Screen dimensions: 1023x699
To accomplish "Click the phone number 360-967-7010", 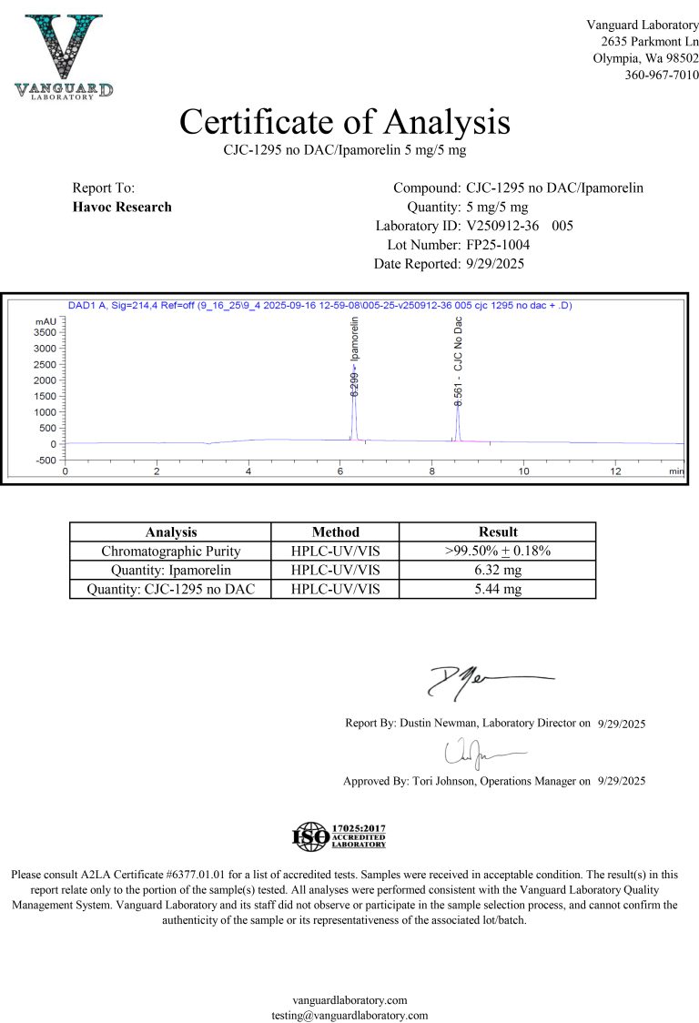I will click(662, 75).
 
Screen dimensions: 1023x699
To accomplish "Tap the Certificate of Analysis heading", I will click(345, 121).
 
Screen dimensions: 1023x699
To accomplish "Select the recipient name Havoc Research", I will click(122, 207).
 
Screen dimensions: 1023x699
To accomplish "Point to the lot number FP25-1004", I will click(498, 245).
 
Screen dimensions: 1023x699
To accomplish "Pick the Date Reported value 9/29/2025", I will click(495, 264).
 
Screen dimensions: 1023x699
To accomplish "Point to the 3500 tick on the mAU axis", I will click(46, 332).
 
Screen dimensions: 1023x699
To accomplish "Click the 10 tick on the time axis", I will click(523, 471).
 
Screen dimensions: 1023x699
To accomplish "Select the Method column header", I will click(335, 532).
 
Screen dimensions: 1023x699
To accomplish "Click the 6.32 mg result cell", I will click(497, 570).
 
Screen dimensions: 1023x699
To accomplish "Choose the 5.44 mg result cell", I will click(497, 589).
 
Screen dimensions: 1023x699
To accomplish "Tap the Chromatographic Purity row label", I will click(171, 551).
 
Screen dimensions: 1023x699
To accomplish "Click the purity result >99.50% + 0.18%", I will click(497, 551).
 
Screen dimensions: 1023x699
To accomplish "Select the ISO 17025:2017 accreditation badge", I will click(339, 835).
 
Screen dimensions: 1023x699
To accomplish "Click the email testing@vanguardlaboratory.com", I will click(349, 1014).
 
